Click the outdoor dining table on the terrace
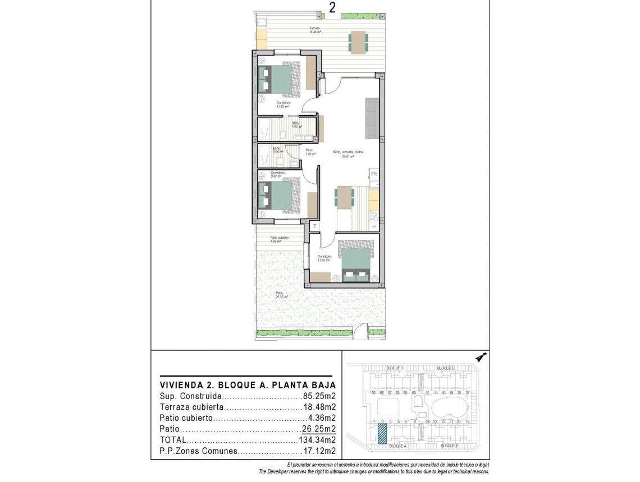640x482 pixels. coord(358,41)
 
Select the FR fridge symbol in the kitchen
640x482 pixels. coord(374,174)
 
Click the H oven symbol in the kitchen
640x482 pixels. coord(374,226)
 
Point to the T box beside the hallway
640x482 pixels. coord(315,226)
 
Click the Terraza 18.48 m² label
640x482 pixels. coord(314,30)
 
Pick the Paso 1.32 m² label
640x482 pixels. coord(309,152)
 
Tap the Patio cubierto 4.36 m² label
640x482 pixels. coord(279,239)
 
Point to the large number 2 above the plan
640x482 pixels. coord(332,8)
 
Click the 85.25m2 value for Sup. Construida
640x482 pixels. coord(319,396)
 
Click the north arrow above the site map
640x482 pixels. coord(481,356)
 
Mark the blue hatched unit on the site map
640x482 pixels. coord(382,434)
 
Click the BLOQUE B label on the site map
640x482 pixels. coord(450,446)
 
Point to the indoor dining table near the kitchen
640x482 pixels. coord(345,197)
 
